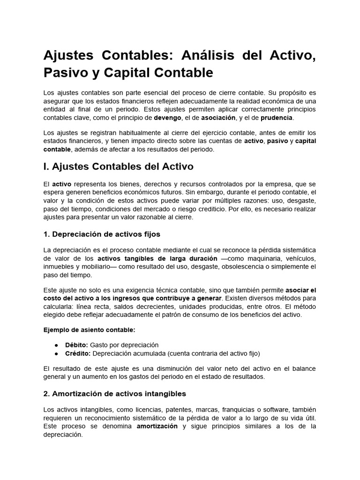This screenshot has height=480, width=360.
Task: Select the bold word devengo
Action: pos(167,117)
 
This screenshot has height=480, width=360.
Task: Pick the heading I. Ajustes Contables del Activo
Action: pos(118,166)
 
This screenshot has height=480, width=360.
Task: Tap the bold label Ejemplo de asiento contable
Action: pos(89,330)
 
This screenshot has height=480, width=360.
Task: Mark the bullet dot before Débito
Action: pos(57,345)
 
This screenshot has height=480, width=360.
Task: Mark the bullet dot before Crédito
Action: pos(57,353)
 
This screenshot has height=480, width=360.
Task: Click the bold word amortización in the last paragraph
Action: pos(157,426)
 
